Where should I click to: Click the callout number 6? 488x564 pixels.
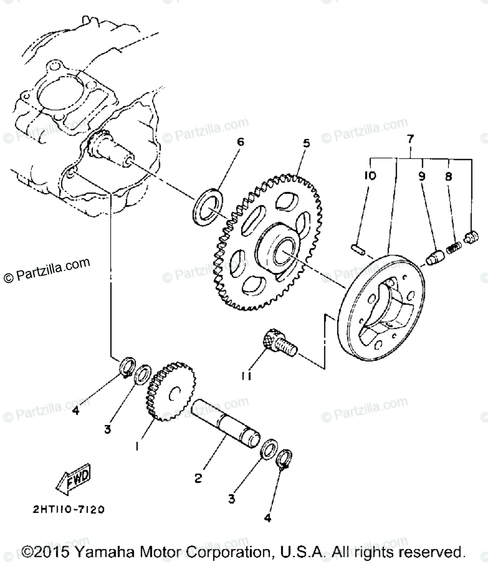pyautogui.click(x=240, y=142)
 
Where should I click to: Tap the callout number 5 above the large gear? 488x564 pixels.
pyautogui.click(x=306, y=143)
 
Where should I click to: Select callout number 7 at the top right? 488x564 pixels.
pyautogui.click(x=409, y=139)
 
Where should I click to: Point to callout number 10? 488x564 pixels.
pyautogui.click(x=369, y=176)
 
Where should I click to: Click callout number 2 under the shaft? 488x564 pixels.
pyautogui.click(x=198, y=479)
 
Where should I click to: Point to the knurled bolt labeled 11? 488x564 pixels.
pyautogui.click(x=278, y=343)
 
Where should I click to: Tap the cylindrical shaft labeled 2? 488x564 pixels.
pyautogui.click(x=226, y=423)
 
